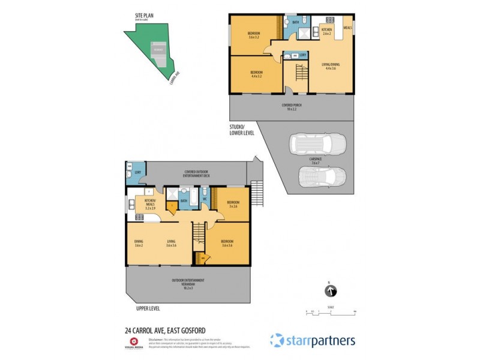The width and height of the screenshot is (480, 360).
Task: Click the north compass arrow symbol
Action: (329, 292)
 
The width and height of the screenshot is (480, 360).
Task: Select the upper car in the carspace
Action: (318, 145)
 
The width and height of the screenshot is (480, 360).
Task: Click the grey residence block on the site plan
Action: (158, 50)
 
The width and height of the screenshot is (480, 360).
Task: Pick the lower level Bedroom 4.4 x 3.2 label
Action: (256, 75)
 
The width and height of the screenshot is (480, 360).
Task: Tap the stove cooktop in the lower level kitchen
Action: (329, 19)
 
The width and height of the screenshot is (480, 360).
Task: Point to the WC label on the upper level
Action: (204, 199)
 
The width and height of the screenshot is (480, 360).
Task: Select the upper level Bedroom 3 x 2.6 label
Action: (233, 204)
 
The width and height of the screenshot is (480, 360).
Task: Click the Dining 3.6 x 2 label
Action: (138, 244)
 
